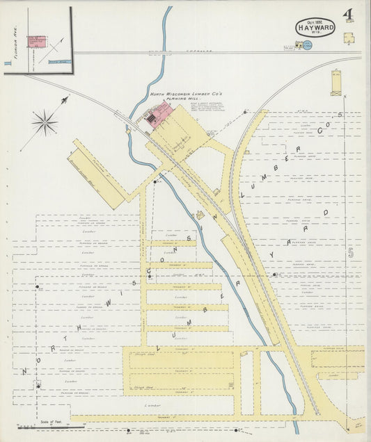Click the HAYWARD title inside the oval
(315, 28)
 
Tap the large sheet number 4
(347, 15)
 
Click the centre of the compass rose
(45, 124)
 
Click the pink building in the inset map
(36, 41)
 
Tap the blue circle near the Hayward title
(307, 45)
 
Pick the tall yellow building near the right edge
(337, 82)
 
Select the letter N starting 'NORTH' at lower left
(24, 370)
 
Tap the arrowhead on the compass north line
(65, 100)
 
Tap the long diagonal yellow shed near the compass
(97, 174)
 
